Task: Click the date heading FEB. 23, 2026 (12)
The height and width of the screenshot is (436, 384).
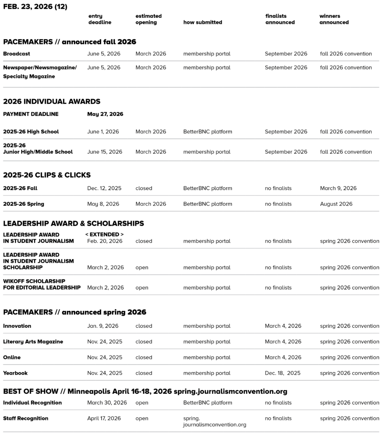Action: [35, 7]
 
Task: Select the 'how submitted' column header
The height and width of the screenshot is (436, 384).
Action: [202, 22]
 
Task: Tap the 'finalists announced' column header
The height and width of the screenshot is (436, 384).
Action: [280, 19]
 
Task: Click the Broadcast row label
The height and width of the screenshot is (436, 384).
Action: [17, 54]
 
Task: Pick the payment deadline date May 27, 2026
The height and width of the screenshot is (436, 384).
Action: [105, 114]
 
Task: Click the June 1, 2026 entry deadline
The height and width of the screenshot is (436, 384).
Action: [103, 132]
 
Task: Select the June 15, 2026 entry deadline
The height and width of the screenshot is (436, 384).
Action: [105, 152]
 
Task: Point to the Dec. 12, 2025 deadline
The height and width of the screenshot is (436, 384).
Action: [104, 188]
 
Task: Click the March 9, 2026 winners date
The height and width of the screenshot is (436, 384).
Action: [338, 188]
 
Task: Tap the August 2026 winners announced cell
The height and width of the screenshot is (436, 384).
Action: [336, 204]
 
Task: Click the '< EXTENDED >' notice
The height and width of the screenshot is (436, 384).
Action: [104, 235]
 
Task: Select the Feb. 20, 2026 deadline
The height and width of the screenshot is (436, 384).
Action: [105, 241]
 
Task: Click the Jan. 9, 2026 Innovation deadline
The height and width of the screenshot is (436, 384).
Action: [102, 326]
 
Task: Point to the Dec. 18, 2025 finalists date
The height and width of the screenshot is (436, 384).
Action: [282, 373]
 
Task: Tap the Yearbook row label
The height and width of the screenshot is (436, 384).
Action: [15, 373]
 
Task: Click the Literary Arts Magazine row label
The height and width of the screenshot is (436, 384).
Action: [33, 341]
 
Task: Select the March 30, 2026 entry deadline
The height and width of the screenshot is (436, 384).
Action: [107, 403]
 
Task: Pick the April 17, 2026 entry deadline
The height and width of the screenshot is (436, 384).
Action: [104, 419]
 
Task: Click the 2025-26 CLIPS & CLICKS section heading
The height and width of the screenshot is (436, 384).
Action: [47, 175]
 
